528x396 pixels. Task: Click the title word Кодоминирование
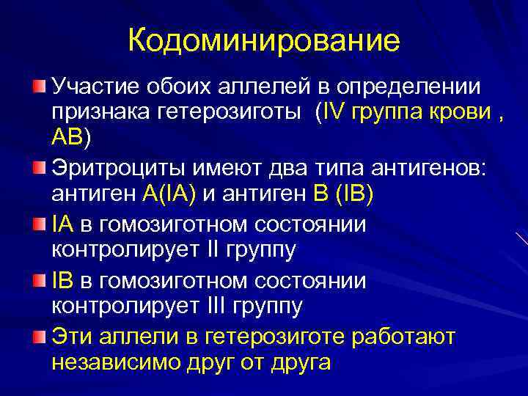click(x=264, y=40)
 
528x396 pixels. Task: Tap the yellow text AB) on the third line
click(x=71, y=136)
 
